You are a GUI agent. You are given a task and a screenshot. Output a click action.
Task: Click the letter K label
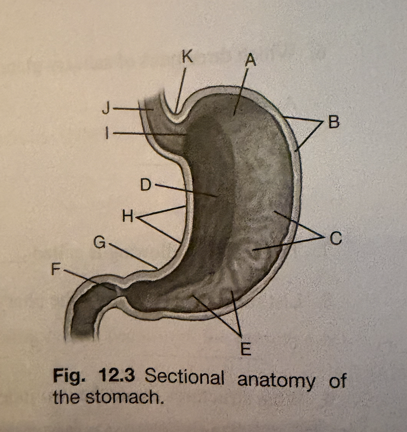(x=188, y=57)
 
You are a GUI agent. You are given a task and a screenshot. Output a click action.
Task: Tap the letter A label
(x=251, y=60)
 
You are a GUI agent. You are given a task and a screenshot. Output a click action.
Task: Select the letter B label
(x=334, y=122)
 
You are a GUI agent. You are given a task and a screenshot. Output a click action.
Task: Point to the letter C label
(x=336, y=238)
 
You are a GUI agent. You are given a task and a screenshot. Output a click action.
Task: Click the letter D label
(x=146, y=184)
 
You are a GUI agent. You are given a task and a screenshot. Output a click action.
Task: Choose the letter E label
(x=245, y=349)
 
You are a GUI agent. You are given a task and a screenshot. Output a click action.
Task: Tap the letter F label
(x=56, y=269)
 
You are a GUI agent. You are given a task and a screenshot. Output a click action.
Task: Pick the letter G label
(x=100, y=243)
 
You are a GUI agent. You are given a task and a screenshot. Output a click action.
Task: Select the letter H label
(x=128, y=216)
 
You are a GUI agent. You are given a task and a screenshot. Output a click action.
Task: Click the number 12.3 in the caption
(x=117, y=375)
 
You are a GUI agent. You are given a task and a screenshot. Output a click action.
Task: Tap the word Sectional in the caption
(x=184, y=376)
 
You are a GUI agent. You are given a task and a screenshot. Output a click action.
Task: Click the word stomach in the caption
(x=123, y=397)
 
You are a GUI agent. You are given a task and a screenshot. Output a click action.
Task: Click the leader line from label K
(x=181, y=90)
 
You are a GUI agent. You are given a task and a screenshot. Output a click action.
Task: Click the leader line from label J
(x=133, y=109)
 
